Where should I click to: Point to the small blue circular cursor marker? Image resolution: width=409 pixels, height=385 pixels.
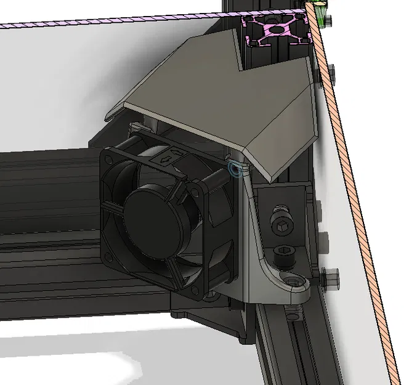233,168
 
